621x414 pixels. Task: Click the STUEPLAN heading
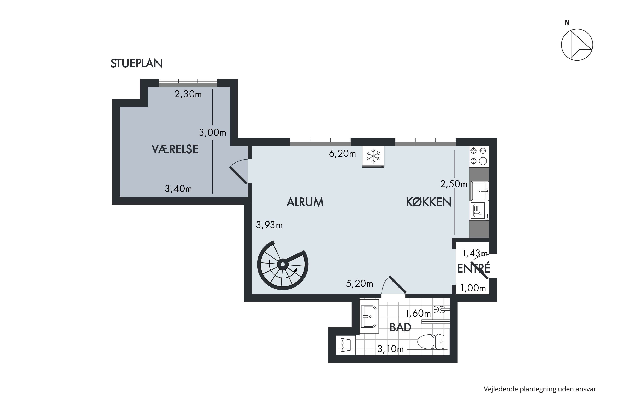[x=136, y=64]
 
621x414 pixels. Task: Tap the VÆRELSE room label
[x=175, y=149]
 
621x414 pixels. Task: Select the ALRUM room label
[x=305, y=202]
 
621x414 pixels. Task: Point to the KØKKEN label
[x=428, y=202]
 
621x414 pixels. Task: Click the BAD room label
[x=400, y=327]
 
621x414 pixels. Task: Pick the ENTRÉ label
[x=473, y=268]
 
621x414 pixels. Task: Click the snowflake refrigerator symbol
[x=373, y=156]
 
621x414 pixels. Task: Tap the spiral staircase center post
[x=283, y=264]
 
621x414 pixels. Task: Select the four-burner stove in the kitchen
[x=479, y=156]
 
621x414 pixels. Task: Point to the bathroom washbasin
[x=369, y=316]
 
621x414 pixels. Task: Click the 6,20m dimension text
[x=342, y=154]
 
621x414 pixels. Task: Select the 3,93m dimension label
[x=269, y=225]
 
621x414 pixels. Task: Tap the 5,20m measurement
[x=360, y=284]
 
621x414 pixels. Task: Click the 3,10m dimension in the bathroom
[x=390, y=349]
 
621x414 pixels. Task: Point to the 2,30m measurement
[x=188, y=94]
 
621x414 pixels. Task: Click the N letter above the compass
[x=567, y=23]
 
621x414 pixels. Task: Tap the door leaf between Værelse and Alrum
[x=238, y=175]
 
